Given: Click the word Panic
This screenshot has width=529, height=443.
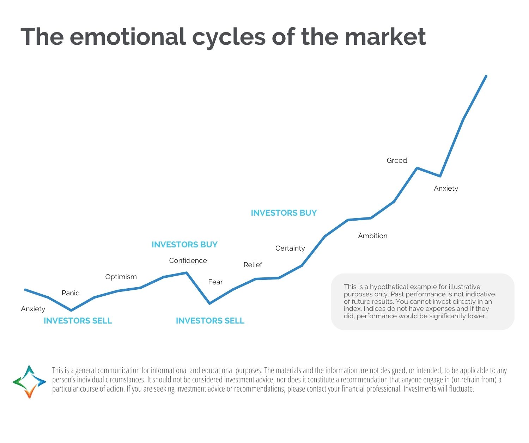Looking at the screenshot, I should pos(70,293).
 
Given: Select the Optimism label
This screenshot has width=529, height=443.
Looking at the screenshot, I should pos(121,277).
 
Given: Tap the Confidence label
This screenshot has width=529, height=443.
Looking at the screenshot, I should pos(188,260).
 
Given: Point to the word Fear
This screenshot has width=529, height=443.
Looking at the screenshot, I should pos(215,282).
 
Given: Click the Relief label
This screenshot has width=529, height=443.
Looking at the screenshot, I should pos(253,265).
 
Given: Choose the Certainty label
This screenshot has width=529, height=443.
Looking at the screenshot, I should pos(290,248).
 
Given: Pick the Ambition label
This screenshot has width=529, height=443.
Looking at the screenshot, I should pos(372,236).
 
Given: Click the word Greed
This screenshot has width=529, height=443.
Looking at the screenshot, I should pos(397,160).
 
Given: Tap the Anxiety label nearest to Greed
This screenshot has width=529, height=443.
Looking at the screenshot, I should pos(446,188).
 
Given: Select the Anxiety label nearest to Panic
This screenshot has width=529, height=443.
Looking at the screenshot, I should pos(33,309).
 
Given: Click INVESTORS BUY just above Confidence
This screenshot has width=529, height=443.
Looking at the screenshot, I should pos(184,245).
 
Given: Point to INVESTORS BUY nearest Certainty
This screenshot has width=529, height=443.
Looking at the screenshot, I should pos(284,213).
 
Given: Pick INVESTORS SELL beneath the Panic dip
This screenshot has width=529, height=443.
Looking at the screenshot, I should pos(78,321).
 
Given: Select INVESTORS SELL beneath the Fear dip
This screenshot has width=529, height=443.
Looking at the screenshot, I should pos(210,321).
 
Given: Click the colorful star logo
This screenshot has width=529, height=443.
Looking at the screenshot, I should pos(29,382).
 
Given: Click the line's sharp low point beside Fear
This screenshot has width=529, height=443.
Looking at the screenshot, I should pos(209,303).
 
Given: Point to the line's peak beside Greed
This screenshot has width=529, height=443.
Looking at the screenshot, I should pos(417,168).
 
